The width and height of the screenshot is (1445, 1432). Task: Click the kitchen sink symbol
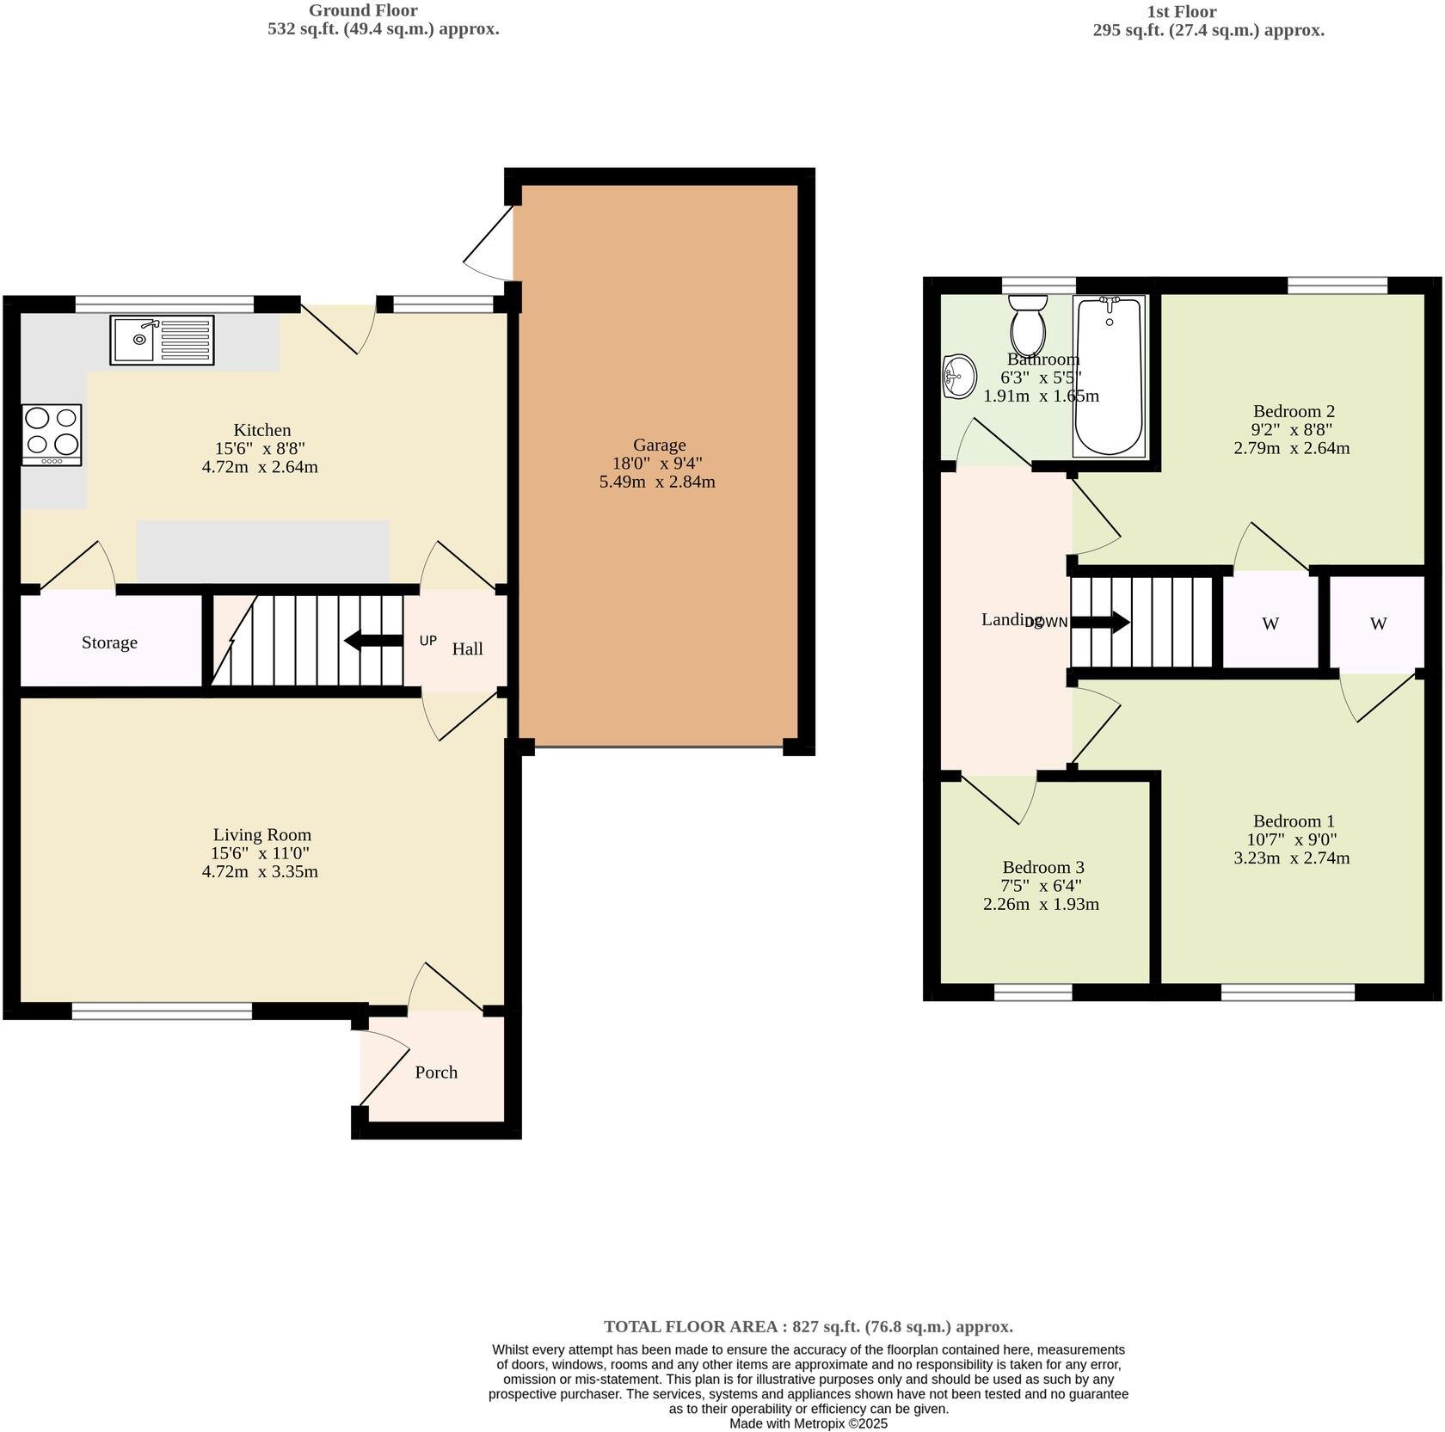click(162, 340)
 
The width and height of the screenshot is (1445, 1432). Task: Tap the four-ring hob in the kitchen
click(52, 434)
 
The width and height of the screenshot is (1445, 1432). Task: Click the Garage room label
click(659, 445)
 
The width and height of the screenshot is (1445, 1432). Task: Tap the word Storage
click(109, 642)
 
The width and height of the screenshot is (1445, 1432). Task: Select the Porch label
click(436, 1072)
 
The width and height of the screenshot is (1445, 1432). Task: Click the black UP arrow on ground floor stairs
click(373, 641)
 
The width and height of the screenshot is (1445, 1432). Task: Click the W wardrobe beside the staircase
click(1270, 624)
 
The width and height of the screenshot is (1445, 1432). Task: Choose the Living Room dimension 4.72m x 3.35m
click(260, 871)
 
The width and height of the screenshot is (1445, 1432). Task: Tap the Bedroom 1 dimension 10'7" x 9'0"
click(1293, 839)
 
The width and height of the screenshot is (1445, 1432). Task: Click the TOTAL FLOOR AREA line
click(808, 1326)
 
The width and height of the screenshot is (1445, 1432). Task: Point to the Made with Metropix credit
click(808, 1423)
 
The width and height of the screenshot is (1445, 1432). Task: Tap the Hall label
click(467, 648)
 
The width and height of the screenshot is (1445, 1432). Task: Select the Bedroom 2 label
click(1293, 411)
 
